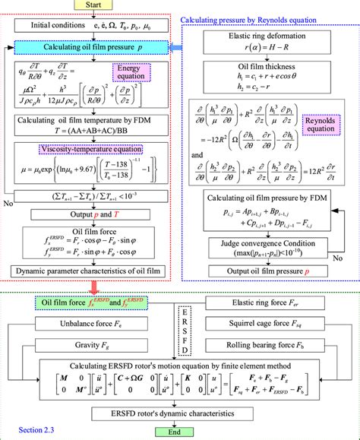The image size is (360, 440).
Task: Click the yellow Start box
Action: (93, 6)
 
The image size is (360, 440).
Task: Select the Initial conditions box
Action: (95, 27)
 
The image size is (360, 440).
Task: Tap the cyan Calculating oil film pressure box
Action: (95, 49)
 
